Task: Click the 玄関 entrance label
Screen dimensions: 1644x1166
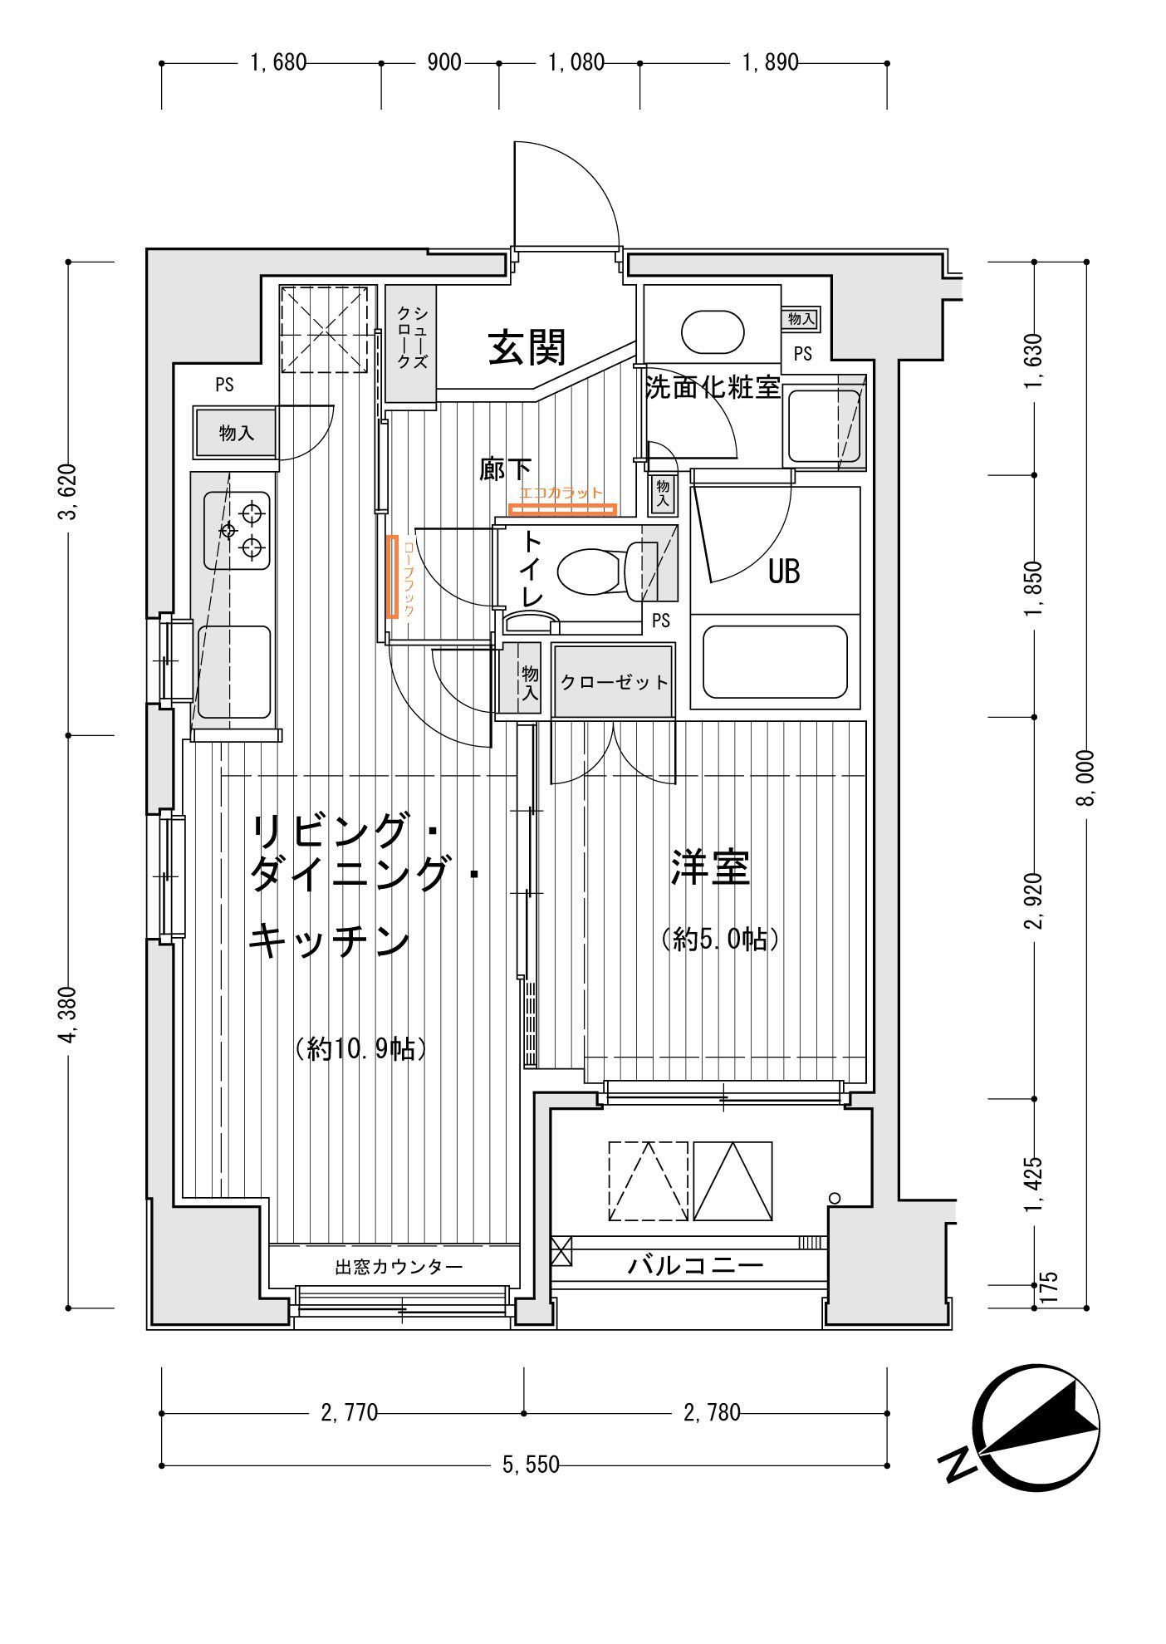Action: (527, 347)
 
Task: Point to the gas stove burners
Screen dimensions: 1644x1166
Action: (237, 529)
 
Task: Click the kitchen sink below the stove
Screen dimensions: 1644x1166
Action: (234, 671)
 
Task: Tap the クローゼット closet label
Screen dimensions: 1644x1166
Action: (614, 682)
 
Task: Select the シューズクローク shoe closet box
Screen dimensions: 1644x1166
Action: (411, 344)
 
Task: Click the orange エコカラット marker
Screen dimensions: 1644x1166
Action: (562, 508)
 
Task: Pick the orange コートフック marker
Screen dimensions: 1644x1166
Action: (392, 576)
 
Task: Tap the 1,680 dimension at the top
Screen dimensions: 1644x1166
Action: (278, 62)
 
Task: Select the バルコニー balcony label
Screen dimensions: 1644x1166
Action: (694, 1266)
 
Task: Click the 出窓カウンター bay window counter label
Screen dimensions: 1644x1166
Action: (399, 1267)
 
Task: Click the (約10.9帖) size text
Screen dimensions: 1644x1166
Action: (361, 1048)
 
